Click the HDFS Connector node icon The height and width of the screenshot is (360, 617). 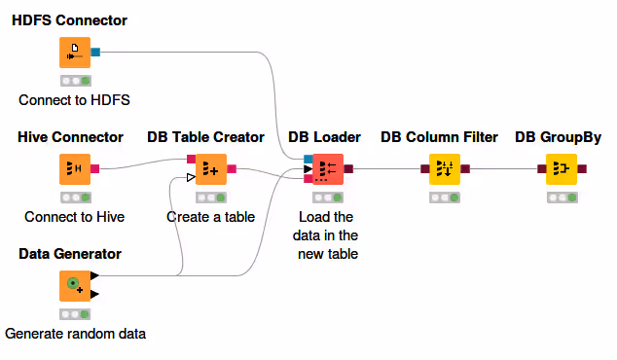pyautogui.click(x=75, y=53)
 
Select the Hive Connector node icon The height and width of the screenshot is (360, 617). pyautogui.click(x=75, y=169)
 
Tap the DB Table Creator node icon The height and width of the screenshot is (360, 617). pyautogui.click(x=211, y=169)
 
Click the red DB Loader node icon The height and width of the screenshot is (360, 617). pyautogui.click(x=326, y=169)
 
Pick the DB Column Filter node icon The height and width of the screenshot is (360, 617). pyautogui.click(x=445, y=169)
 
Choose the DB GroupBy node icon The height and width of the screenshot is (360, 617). pyautogui.click(x=562, y=169)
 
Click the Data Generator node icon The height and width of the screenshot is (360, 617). pyautogui.click(x=75, y=286)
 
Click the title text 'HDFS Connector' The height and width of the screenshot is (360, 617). pyautogui.click(x=69, y=20)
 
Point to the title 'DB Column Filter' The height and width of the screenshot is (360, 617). pyautogui.click(x=439, y=137)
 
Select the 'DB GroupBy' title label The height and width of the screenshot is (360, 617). pyautogui.click(x=558, y=137)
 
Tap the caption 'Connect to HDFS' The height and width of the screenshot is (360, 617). pyautogui.click(x=74, y=100)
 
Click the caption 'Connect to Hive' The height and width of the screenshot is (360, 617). pyautogui.click(x=74, y=217)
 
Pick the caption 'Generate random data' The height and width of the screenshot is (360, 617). pyautogui.click(x=75, y=334)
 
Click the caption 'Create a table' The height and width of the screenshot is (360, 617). pyautogui.click(x=210, y=217)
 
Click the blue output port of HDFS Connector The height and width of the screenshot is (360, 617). pyautogui.click(x=95, y=53)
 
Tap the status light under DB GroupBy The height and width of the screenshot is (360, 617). pyautogui.click(x=562, y=198)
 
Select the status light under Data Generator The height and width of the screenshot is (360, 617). pyautogui.click(x=75, y=314)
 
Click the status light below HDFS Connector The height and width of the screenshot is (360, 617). pyautogui.click(x=75, y=81)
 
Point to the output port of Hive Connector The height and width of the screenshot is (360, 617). pyautogui.click(x=95, y=169)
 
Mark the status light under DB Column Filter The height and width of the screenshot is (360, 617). pyautogui.click(x=445, y=198)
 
